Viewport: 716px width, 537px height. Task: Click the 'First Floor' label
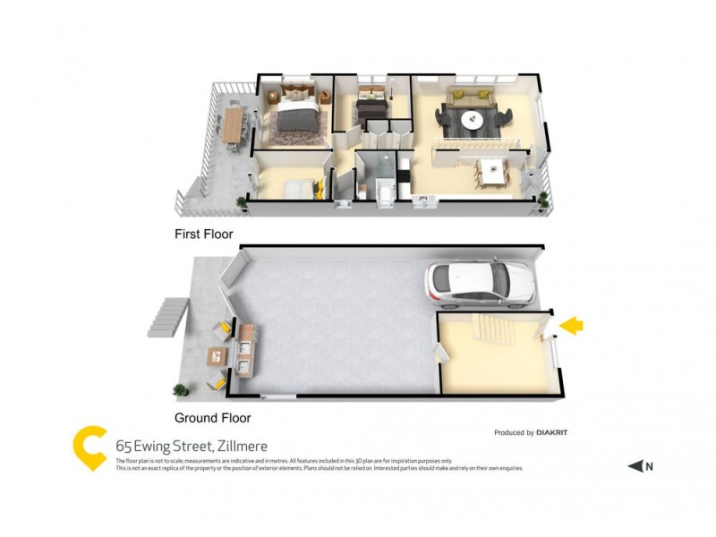click(203, 234)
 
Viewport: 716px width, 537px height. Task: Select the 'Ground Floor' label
click(212, 417)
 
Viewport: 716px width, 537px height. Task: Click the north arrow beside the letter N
click(635, 465)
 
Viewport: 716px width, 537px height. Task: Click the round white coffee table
click(472, 119)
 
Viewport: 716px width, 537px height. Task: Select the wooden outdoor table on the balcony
click(234, 125)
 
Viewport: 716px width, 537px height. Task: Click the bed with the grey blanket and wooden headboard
click(296, 116)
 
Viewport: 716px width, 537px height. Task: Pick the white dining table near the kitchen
click(490, 170)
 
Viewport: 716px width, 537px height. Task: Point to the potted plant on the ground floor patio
click(180, 390)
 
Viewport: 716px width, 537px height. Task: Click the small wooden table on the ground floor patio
click(215, 356)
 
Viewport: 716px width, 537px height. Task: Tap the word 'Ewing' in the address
click(156, 445)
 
